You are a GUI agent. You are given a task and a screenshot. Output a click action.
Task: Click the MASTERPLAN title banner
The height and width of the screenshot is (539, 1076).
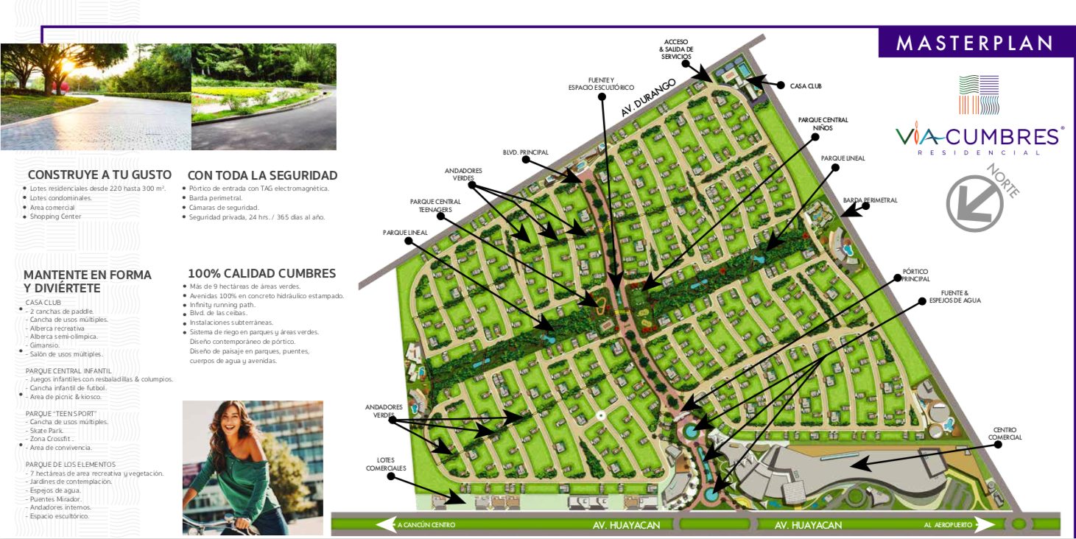974,43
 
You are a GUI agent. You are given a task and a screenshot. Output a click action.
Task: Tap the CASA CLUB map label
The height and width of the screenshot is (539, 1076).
806,86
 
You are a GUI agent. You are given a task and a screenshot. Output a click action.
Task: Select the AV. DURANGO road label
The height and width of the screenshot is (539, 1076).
648,98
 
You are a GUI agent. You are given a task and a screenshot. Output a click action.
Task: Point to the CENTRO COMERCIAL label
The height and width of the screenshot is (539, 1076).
1007,434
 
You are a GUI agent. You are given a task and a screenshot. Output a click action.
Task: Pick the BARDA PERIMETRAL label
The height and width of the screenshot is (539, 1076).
871,200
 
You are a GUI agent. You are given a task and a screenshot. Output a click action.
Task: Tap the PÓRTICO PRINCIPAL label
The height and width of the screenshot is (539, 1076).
915,275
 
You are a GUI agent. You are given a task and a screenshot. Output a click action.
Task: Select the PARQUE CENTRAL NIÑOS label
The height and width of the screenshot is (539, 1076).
823,124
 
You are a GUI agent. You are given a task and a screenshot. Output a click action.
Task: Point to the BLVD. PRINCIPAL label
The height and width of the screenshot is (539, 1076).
526,152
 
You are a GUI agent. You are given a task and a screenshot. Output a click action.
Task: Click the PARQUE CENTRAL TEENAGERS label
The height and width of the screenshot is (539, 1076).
435,205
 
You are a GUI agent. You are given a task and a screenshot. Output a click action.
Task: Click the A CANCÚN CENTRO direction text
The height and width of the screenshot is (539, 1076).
426,525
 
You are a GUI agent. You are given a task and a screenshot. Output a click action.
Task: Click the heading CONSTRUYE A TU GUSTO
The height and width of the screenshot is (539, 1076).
99,175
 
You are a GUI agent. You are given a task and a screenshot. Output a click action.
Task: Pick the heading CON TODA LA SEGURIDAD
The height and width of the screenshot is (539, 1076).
262,175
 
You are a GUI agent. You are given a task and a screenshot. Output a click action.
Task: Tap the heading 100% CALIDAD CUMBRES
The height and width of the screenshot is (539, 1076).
261,273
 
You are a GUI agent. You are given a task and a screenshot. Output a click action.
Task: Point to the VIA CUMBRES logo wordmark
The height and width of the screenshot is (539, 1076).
979,137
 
